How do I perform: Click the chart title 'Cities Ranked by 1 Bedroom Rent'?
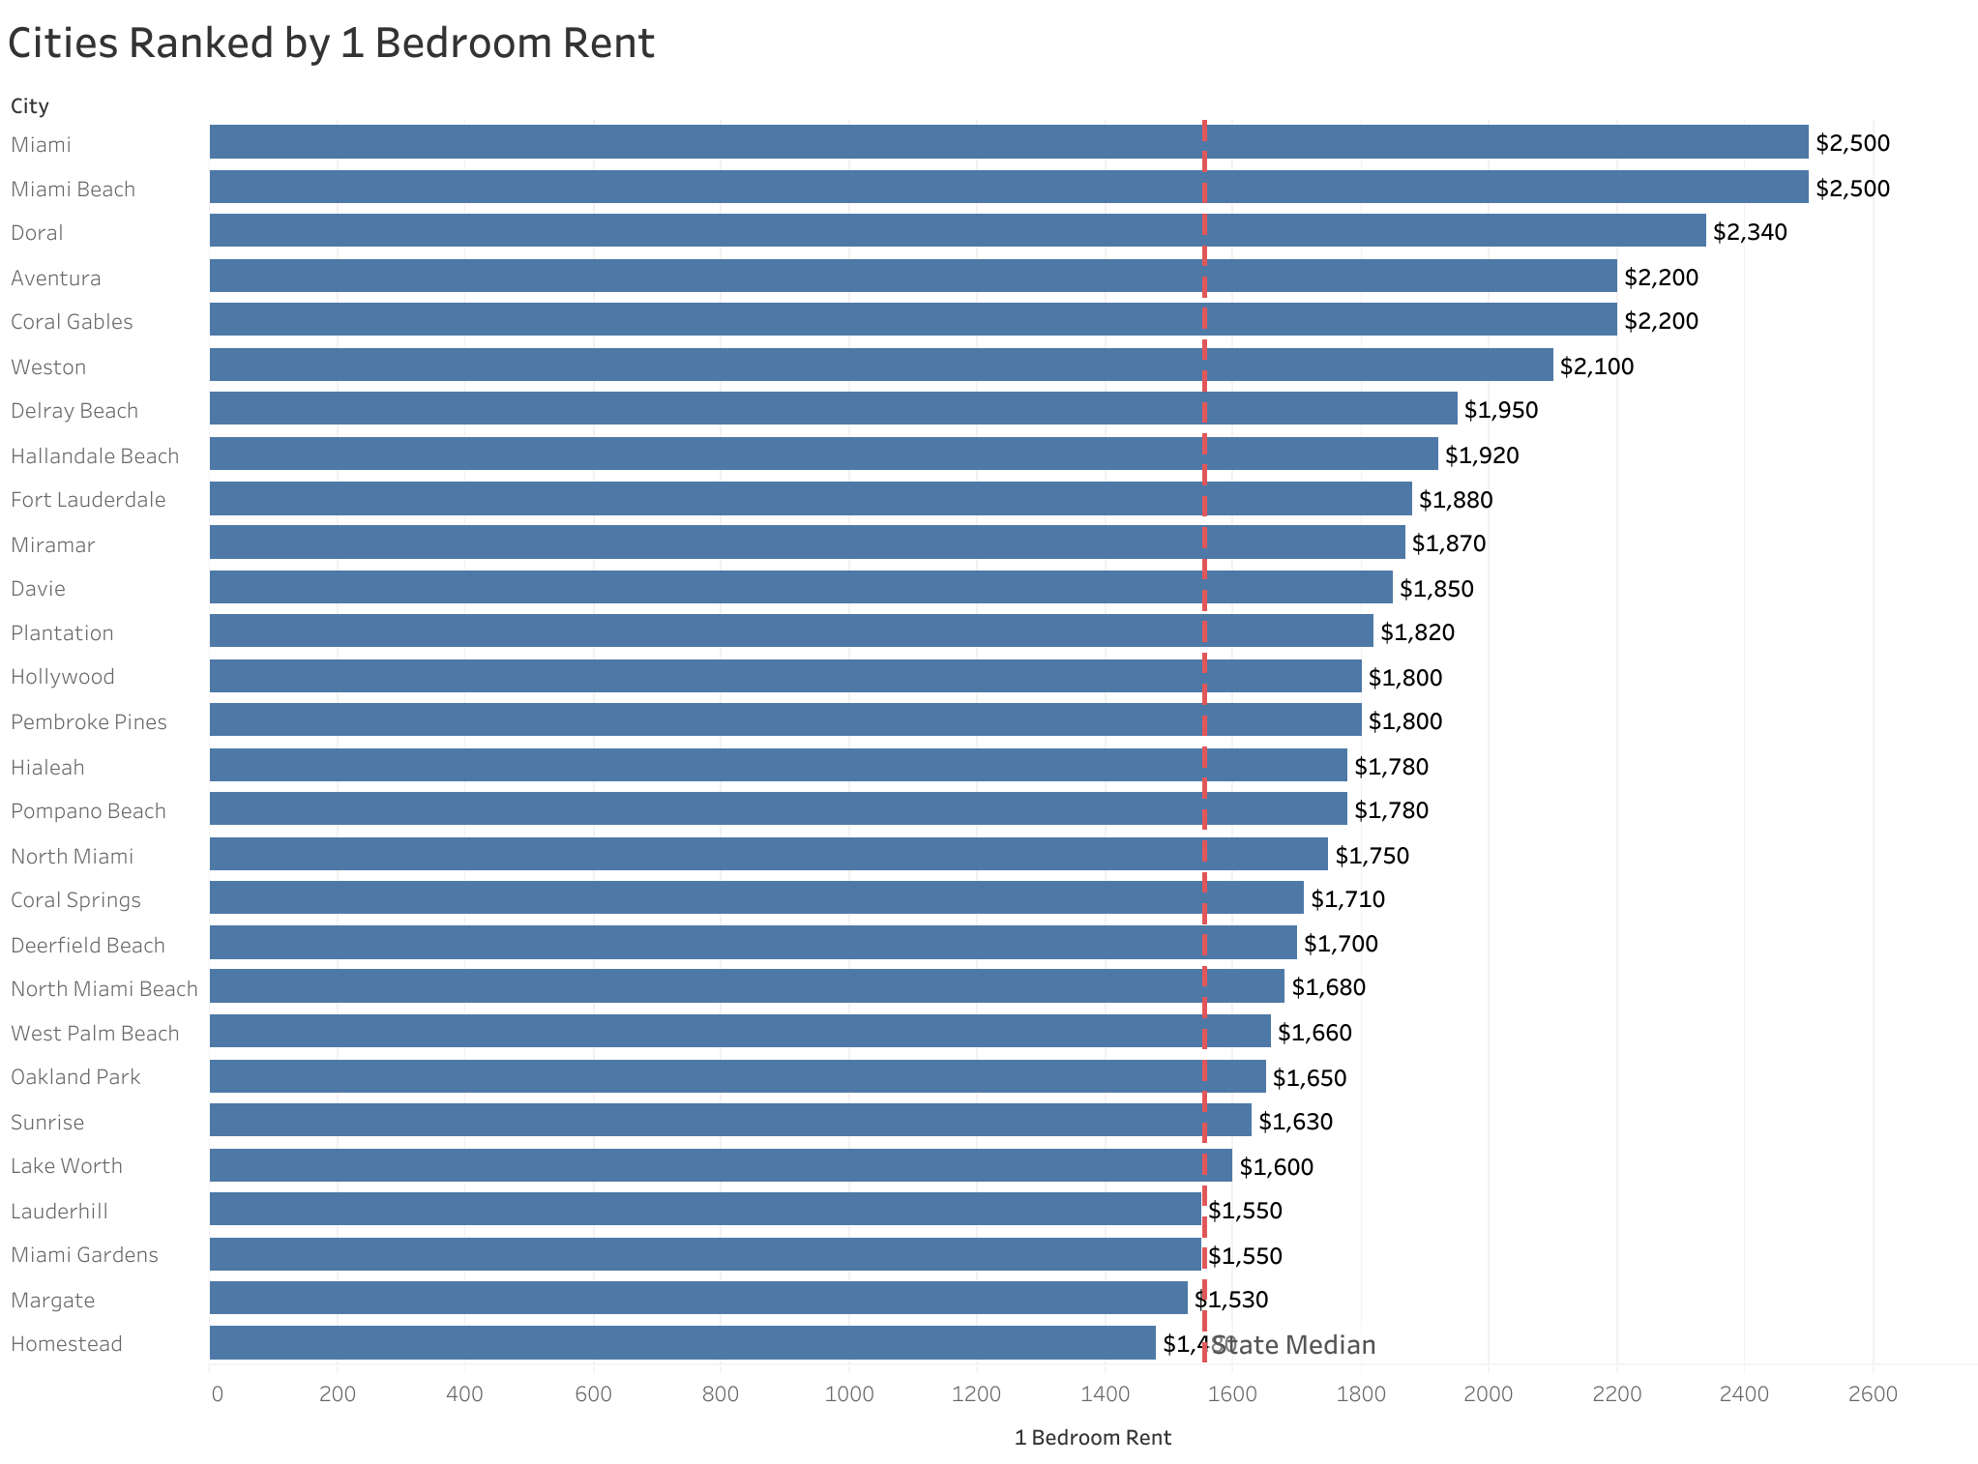[331, 44]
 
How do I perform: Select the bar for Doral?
[958, 231]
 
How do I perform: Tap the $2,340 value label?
[1750, 232]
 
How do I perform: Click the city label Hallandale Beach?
[95, 455]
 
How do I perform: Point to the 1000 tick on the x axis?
[848, 1393]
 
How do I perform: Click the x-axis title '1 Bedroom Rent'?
[1092, 1438]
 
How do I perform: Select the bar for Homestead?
[682, 1343]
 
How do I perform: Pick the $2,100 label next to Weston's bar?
[1596, 366]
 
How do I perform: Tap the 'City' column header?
[30, 106]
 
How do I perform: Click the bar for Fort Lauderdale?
[811, 499]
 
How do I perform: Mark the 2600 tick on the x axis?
[1873, 1393]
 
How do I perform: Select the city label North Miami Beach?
[104, 988]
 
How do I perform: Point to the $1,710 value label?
[1347, 899]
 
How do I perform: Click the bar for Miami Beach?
[1009, 188]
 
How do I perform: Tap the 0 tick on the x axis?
[217, 1393]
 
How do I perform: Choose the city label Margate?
[53, 1300]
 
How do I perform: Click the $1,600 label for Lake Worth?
[1276, 1167]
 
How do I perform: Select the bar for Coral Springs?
[756, 898]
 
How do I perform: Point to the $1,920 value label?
[1482, 455]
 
